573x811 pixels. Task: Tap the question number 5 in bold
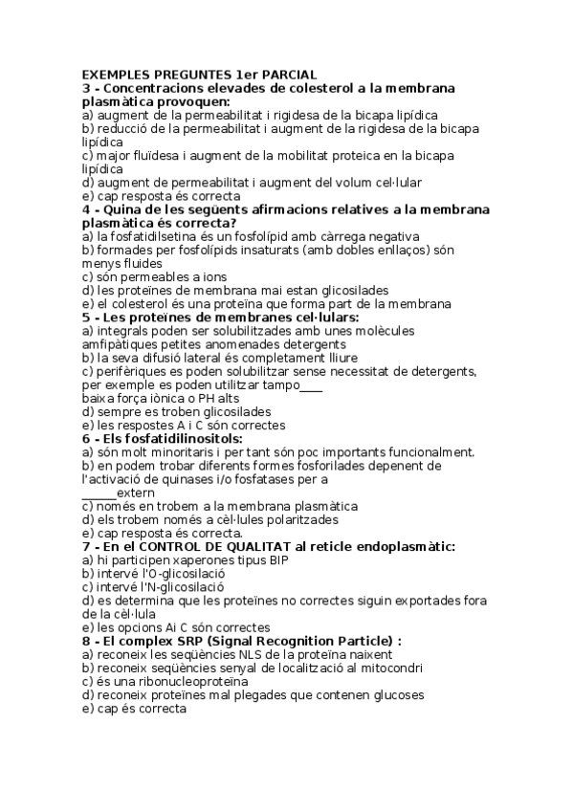(86, 317)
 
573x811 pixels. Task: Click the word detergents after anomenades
(308, 343)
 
